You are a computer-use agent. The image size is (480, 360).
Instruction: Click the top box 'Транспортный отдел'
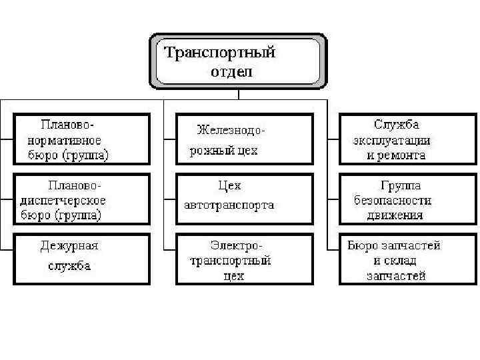tap(239, 61)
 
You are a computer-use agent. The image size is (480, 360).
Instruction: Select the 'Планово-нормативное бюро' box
tap(82, 139)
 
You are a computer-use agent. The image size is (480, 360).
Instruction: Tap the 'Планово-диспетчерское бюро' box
tap(82, 199)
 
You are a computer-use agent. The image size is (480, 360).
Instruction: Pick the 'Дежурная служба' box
tap(82, 258)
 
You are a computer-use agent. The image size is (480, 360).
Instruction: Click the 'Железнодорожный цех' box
tap(244, 139)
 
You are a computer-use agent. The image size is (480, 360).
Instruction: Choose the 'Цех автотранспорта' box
tap(244, 199)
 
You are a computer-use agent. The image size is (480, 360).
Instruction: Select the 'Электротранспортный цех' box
tap(244, 258)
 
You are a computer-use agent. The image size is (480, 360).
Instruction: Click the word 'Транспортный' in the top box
tap(219, 52)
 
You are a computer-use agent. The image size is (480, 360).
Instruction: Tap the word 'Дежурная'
tap(69, 245)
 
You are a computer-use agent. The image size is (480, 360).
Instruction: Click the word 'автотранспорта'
tap(229, 205)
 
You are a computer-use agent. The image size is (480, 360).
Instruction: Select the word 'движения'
tap(395, 215)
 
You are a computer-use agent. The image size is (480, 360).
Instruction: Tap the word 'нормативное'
tap(64, 140)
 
